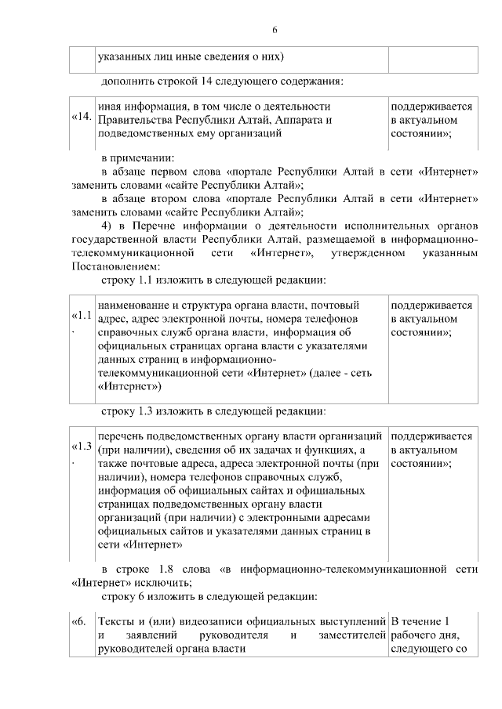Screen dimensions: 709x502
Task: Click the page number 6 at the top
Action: [275, 30]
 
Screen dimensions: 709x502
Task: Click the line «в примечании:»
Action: [137, 157]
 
